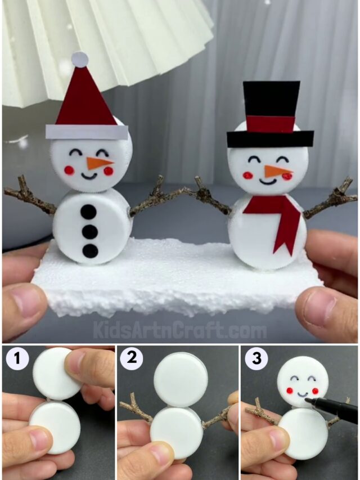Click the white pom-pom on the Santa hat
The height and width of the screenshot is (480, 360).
(x=80, y=59)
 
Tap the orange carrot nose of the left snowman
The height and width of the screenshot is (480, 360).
(x=99, y=163)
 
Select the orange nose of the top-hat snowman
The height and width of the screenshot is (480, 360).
(x=278, y=171)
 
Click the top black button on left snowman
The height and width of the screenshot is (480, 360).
(x=88, y=212)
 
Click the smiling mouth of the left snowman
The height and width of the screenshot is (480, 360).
(x=89, y=175)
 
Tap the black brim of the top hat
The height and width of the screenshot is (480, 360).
(x=270, y=139)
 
